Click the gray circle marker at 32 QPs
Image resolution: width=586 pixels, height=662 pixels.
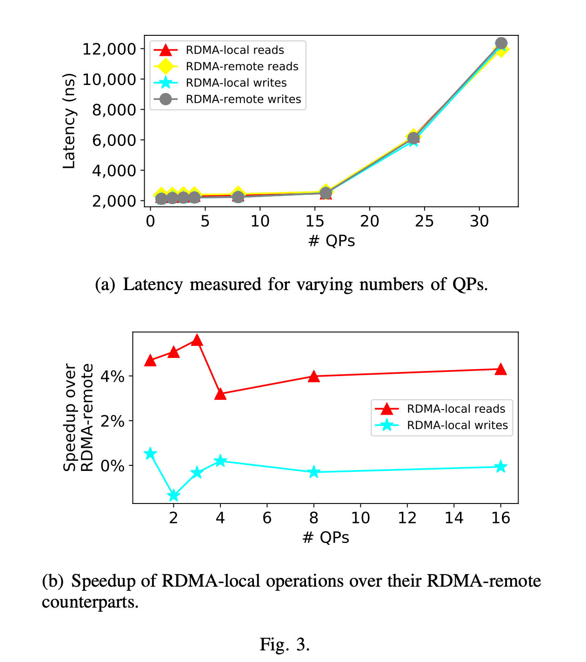pyautogui.click(x=501, y=44)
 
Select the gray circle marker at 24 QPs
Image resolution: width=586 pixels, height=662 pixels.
pyautogui.click(x=413, y=138)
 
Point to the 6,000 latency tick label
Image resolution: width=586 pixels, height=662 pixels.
pyautogui.click(x=114, y=140)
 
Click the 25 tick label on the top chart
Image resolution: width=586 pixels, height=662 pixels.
pyautogui.click(x=424, y=221)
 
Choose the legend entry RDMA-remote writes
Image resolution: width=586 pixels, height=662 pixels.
pyautogui.click(x=243, y=99)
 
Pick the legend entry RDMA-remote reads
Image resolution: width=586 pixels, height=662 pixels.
pyautogui.click(x=242, y=66)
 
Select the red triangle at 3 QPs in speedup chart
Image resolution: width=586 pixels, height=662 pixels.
pyautogui.click(x=197, y=340)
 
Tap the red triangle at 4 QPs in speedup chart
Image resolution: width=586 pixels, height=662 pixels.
pyautogui.click(x=220, y=394)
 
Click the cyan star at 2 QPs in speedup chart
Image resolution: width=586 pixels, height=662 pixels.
pyautogui.click(x=173, y=496)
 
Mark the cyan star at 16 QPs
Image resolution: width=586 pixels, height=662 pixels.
pyautogui.click(x=500, y=467)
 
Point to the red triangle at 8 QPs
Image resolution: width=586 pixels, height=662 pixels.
pyautogui.click(x=314, y=377)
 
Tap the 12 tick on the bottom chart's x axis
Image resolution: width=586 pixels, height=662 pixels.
pyautogui.click(x=407, y=518)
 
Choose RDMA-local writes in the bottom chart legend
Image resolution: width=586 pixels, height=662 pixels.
pyautogui.click(x=457, y=425)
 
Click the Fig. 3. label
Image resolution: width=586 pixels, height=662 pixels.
pyautogui.click(x=285, y=644)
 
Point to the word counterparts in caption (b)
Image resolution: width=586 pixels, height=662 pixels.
pyautogui.click(x=90, y=602)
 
